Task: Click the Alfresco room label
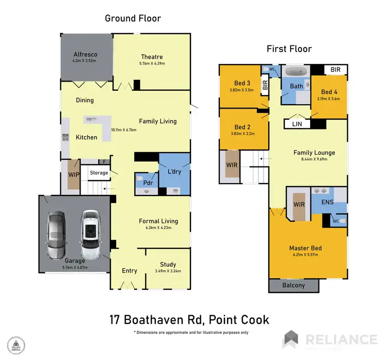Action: pyautogui.click(x=86, y=54)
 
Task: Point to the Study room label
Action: pyautogui.click(x=168, y=264)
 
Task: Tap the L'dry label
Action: pyautogui.click(x=174, y=171)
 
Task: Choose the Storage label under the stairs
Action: pyautogui.click(x=99, y=173)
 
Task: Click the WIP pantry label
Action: pyautogui.click(x=73, y=175)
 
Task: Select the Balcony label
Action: pyautogui.click(x=294, y=285)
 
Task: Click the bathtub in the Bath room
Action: pyautogui.click(x=297, y=72)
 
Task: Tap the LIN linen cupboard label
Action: pyautogui.click(x=296, y=124)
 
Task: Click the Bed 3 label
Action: pyautogui.click(x=242, y=84)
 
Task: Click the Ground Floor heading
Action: pyautogui.click(x=133, y=19)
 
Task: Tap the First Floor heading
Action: pyautogui.click(x=289, y=49)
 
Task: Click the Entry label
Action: pyautogui.click(x=129, y=271)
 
